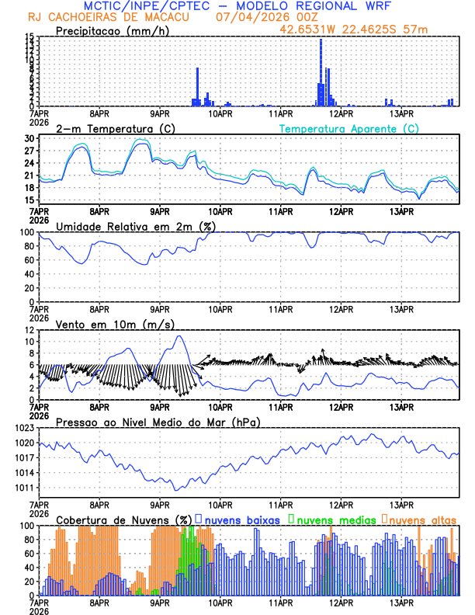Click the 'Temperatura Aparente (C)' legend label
pyautogui.click(x=348, y=128)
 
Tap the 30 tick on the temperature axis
pyautogui.click(x=29, y=138)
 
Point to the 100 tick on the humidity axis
pyautogui.click(x=26, y=232)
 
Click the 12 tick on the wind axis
pyautogui.click(x=29, y=330)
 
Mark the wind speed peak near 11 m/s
pyautogui.click(x=179, y=336)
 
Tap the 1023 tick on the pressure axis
pyautogui.click(x=23, y=428)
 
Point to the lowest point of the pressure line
pyautogui.click(x=177, y=490)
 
